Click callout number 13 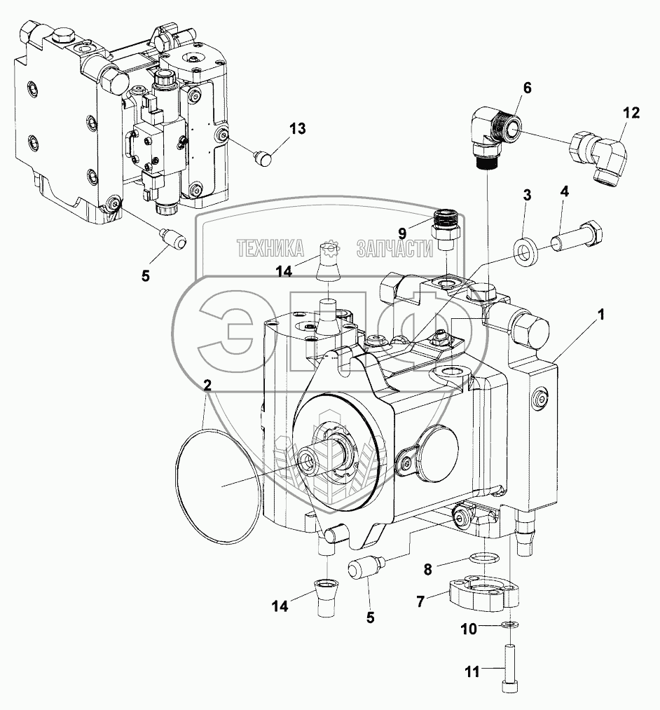click(x=298, y=128)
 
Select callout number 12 click(x=631, y=112)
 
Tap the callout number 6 click(x=527, y=88)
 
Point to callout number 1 click(x=600, y=317)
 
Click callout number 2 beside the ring click(x=207, y=384)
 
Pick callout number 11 click(x=472, y=672)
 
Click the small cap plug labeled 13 click(x=263, y=158)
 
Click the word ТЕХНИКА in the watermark click(x=270, y=247)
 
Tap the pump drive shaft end click(x=309, y=460)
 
